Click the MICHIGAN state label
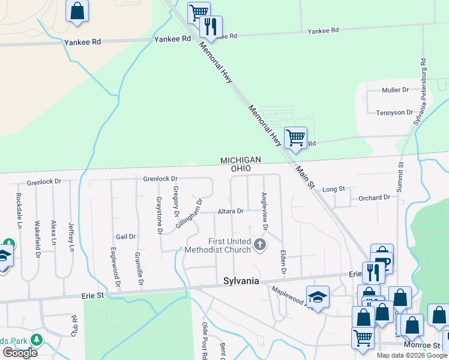point(241,160)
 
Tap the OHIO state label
point(244,169)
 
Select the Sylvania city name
point(241,281)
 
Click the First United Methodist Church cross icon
point(259,244)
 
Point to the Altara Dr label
point(231,211)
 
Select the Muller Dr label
point(395,90)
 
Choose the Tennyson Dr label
point(394,113)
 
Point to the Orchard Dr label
point(374,197)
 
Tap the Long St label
point(334,189)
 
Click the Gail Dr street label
point(126,236)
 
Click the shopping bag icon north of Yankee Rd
point(77,11)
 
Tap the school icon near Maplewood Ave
point(318,296)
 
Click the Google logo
point(20,353)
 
